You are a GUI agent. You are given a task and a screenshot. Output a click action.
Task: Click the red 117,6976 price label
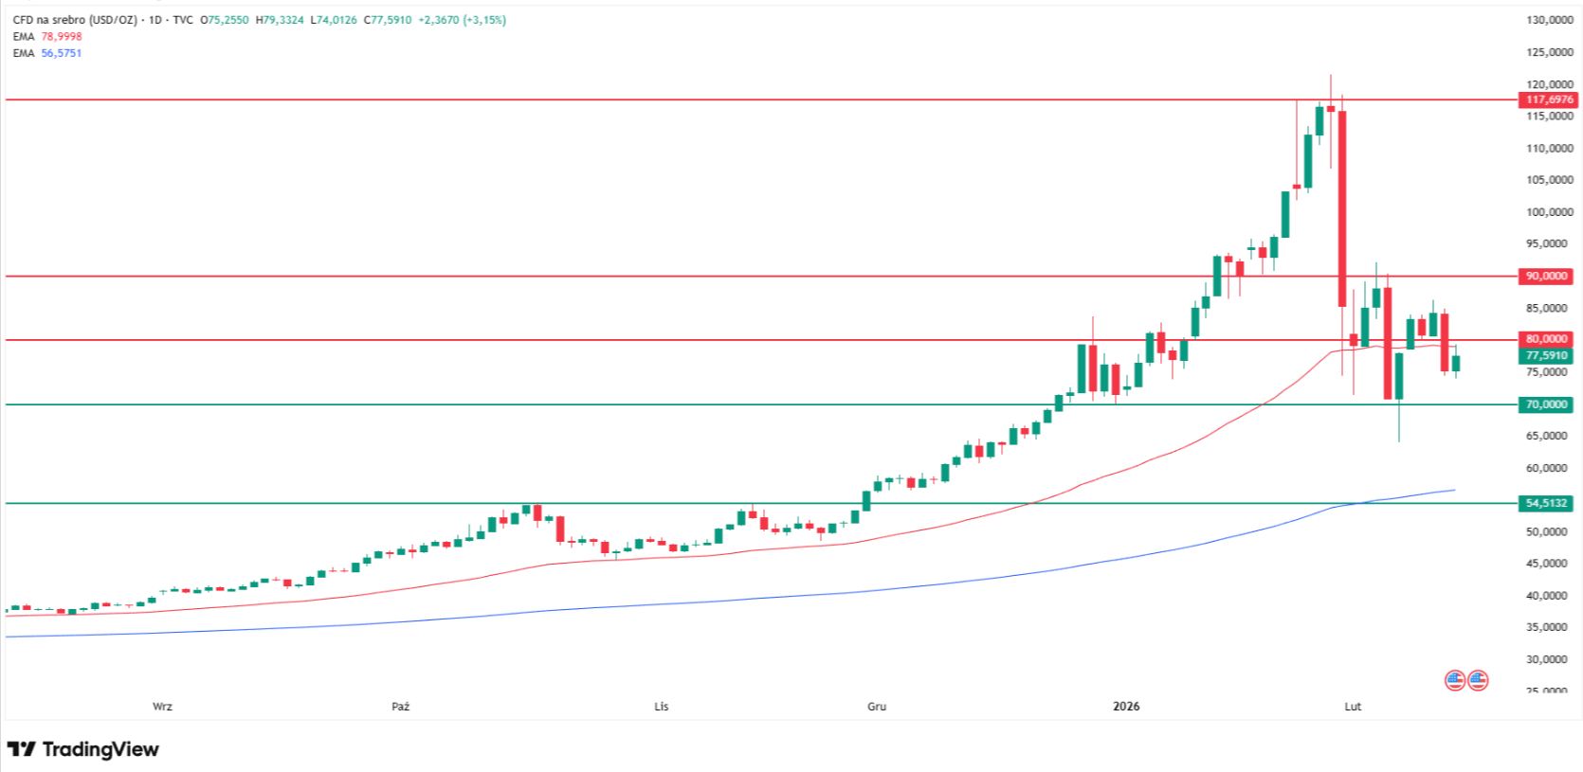(1548, 99)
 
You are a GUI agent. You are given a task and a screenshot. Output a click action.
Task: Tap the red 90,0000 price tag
(1546, 277)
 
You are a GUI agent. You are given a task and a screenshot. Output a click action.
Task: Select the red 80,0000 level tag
(1546, 339)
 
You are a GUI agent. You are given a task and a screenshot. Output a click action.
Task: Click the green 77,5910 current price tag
(1546, 356)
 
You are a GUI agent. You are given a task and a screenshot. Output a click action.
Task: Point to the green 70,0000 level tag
(1546, 404)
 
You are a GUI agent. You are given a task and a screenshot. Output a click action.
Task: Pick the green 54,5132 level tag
(1546, 503)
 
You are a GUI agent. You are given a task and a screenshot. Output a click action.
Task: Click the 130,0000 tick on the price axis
(1549, 20)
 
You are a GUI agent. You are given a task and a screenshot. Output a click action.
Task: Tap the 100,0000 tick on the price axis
(1549, 212)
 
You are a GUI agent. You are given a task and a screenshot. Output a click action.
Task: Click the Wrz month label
(162, 707)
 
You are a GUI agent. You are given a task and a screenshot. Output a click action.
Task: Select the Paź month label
(401, 707)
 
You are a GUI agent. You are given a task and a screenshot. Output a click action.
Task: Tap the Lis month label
(661, 707)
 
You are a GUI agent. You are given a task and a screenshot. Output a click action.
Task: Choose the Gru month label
(877, 707)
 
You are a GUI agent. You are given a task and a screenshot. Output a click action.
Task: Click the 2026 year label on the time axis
(1126, 707)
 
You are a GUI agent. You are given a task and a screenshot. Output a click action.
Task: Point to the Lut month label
(1353, 707)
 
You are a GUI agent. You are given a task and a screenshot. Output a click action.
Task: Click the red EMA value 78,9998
(62, 37)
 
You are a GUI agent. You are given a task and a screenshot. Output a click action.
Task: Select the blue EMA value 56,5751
(62, 53)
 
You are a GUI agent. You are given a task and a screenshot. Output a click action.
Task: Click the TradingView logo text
(100, 749)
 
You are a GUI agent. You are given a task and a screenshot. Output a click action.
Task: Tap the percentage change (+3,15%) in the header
(484, 20)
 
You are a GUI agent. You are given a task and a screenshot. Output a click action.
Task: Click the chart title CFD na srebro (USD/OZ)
(75, 20)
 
